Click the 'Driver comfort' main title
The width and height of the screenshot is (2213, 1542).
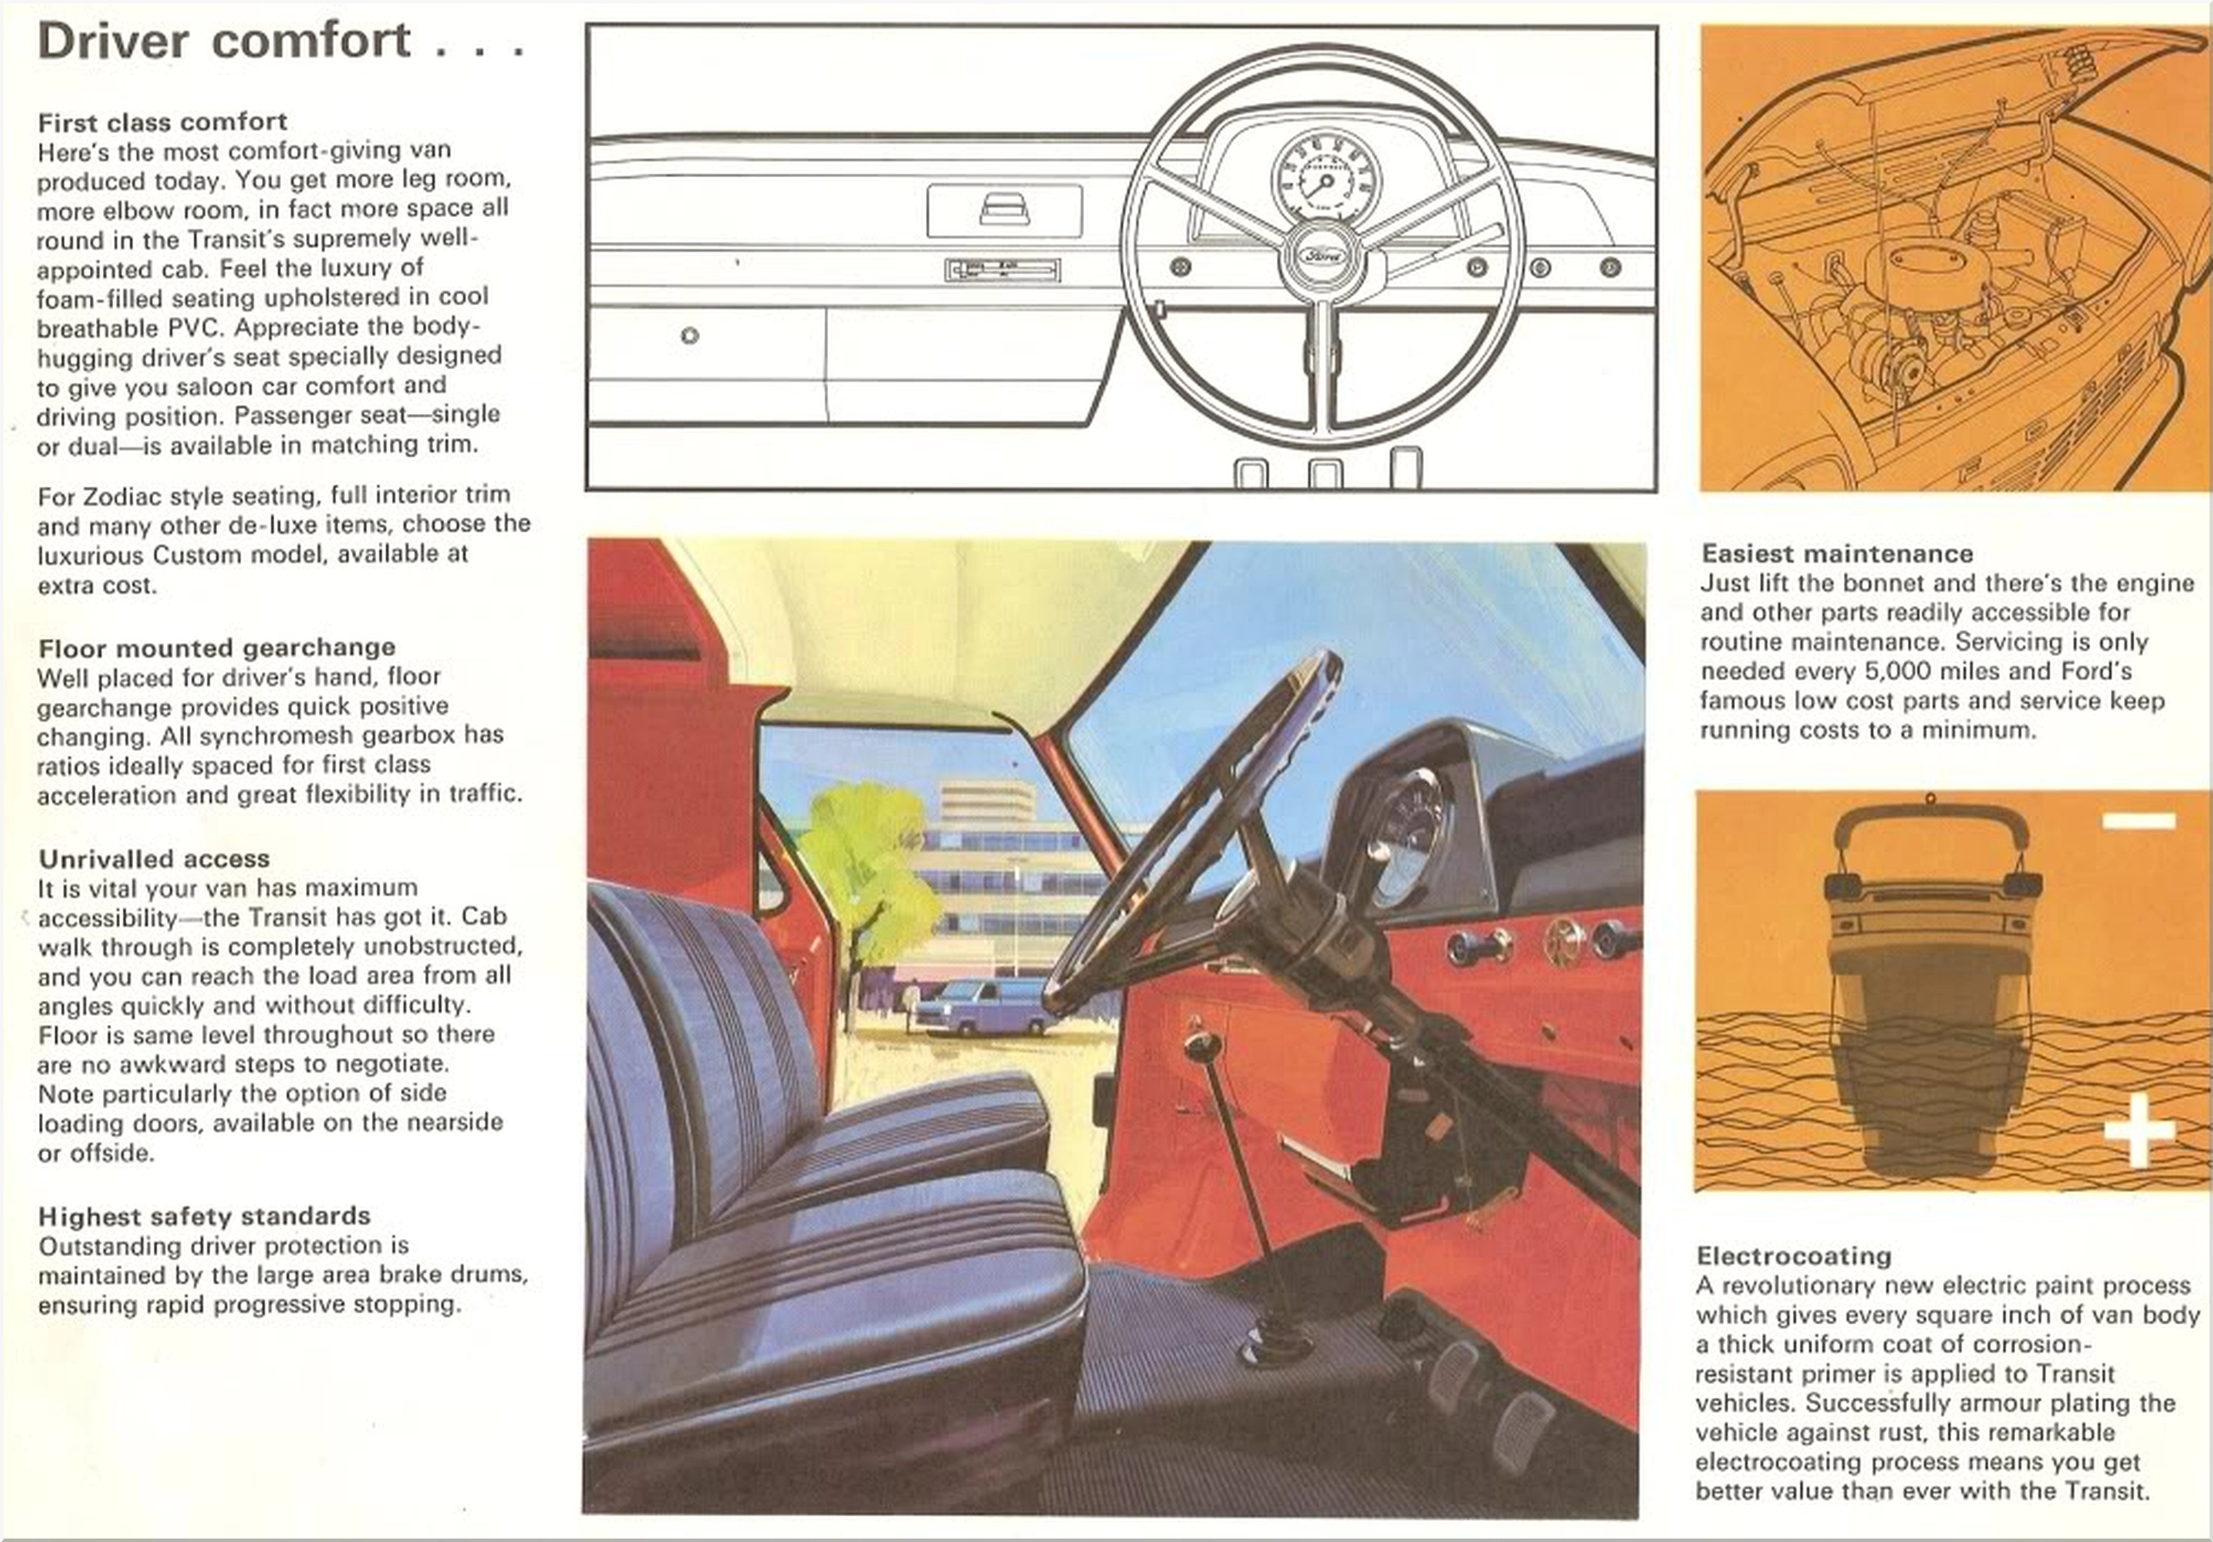(x=225, y=41)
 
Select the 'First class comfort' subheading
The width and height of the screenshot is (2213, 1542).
(x=162, y=121)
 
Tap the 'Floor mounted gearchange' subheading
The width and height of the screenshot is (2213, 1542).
(x=217, y=647)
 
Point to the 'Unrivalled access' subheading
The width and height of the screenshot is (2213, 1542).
(x=154, y=857)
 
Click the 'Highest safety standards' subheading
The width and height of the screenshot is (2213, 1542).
(x=204, y=1215)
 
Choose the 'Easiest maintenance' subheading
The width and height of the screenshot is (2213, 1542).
(x=1837, y=553)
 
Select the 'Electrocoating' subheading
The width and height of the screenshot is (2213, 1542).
(x=1794, y=1255)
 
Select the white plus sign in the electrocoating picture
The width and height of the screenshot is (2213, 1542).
(x=2139, y=1129)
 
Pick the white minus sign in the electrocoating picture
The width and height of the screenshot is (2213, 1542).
(x=2139, y=820)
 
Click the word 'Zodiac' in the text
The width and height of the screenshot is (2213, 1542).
(x=121, y=495)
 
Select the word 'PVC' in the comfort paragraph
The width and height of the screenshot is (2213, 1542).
(x=196, y=327)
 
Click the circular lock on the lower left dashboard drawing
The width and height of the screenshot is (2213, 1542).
(x=689, y=335)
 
